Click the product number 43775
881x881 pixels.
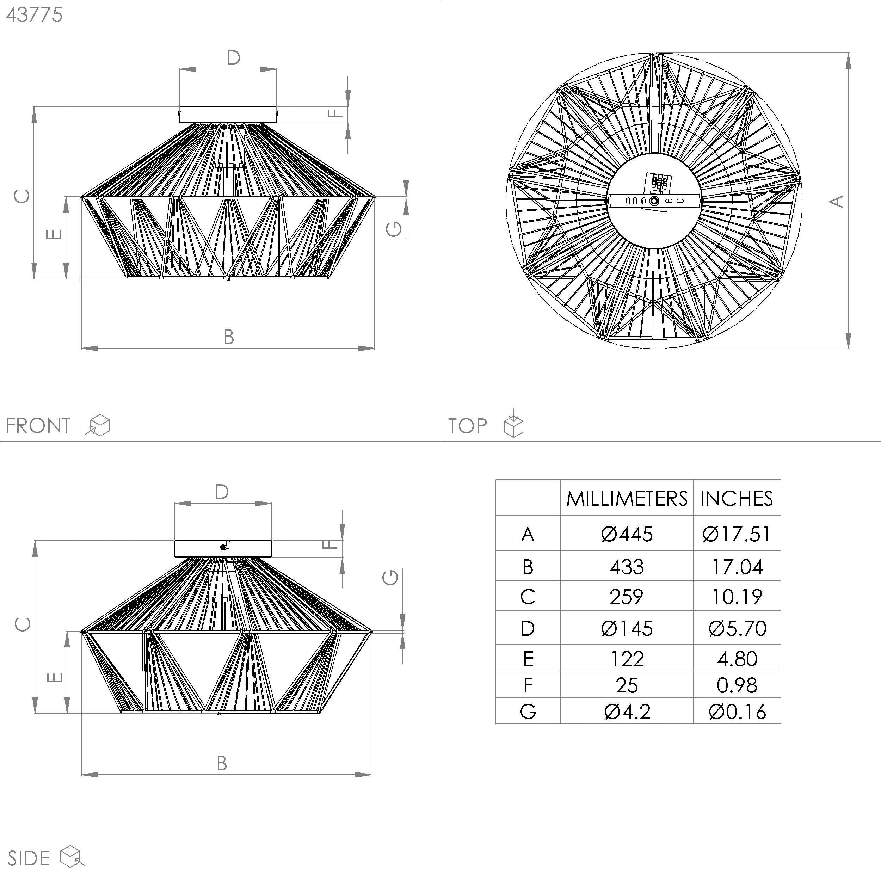pos(34,15)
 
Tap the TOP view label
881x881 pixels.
pos(467,426)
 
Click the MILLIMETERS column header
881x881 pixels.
pos(627,498)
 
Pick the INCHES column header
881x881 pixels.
pos(737,498)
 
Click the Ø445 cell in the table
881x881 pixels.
pos(627,534)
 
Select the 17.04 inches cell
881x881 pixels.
pos(737,567)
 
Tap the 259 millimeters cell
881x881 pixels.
pos(627,597)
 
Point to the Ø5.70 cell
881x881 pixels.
pos(737,628)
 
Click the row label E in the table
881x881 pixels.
pos(528,659)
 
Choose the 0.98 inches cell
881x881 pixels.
pos(737,685)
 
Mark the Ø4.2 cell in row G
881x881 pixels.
pos(627,712)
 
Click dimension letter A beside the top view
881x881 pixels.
pos(837,201)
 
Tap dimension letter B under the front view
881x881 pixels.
pos(229,337)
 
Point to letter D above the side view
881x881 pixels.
pos(222,492)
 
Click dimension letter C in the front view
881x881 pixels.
pos(22,196)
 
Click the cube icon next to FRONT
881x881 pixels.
pos(99,425)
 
